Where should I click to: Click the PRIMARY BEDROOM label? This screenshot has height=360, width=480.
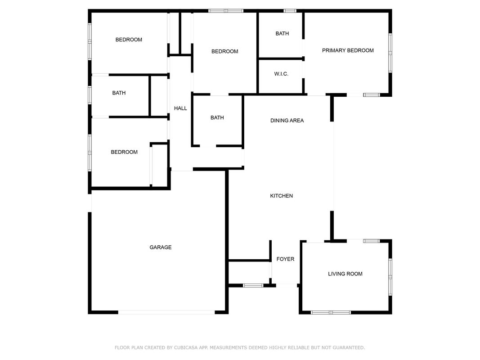348,50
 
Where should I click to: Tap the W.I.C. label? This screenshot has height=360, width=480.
281,74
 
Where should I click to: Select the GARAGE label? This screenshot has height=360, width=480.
161,247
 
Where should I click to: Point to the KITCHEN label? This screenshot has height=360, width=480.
281,196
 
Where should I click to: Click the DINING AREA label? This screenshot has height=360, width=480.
287,121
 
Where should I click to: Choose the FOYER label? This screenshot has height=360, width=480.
285,259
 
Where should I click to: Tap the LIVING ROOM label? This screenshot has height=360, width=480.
345,274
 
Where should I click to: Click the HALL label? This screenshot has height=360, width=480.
180,108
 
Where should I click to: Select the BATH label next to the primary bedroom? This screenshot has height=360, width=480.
282,34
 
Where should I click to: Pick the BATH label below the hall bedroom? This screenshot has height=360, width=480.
217,117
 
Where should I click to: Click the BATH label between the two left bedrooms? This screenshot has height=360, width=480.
119,93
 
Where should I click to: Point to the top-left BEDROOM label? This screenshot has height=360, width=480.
129,40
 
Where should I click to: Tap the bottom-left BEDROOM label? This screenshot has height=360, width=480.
124,152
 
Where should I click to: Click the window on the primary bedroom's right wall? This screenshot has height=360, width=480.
390,53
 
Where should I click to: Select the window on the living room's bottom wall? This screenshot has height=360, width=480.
331,313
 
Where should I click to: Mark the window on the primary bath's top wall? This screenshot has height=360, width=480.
290,11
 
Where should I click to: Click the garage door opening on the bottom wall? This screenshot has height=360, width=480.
166,312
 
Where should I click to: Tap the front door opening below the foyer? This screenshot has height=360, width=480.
286,286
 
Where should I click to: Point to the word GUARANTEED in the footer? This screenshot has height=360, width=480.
349,348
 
